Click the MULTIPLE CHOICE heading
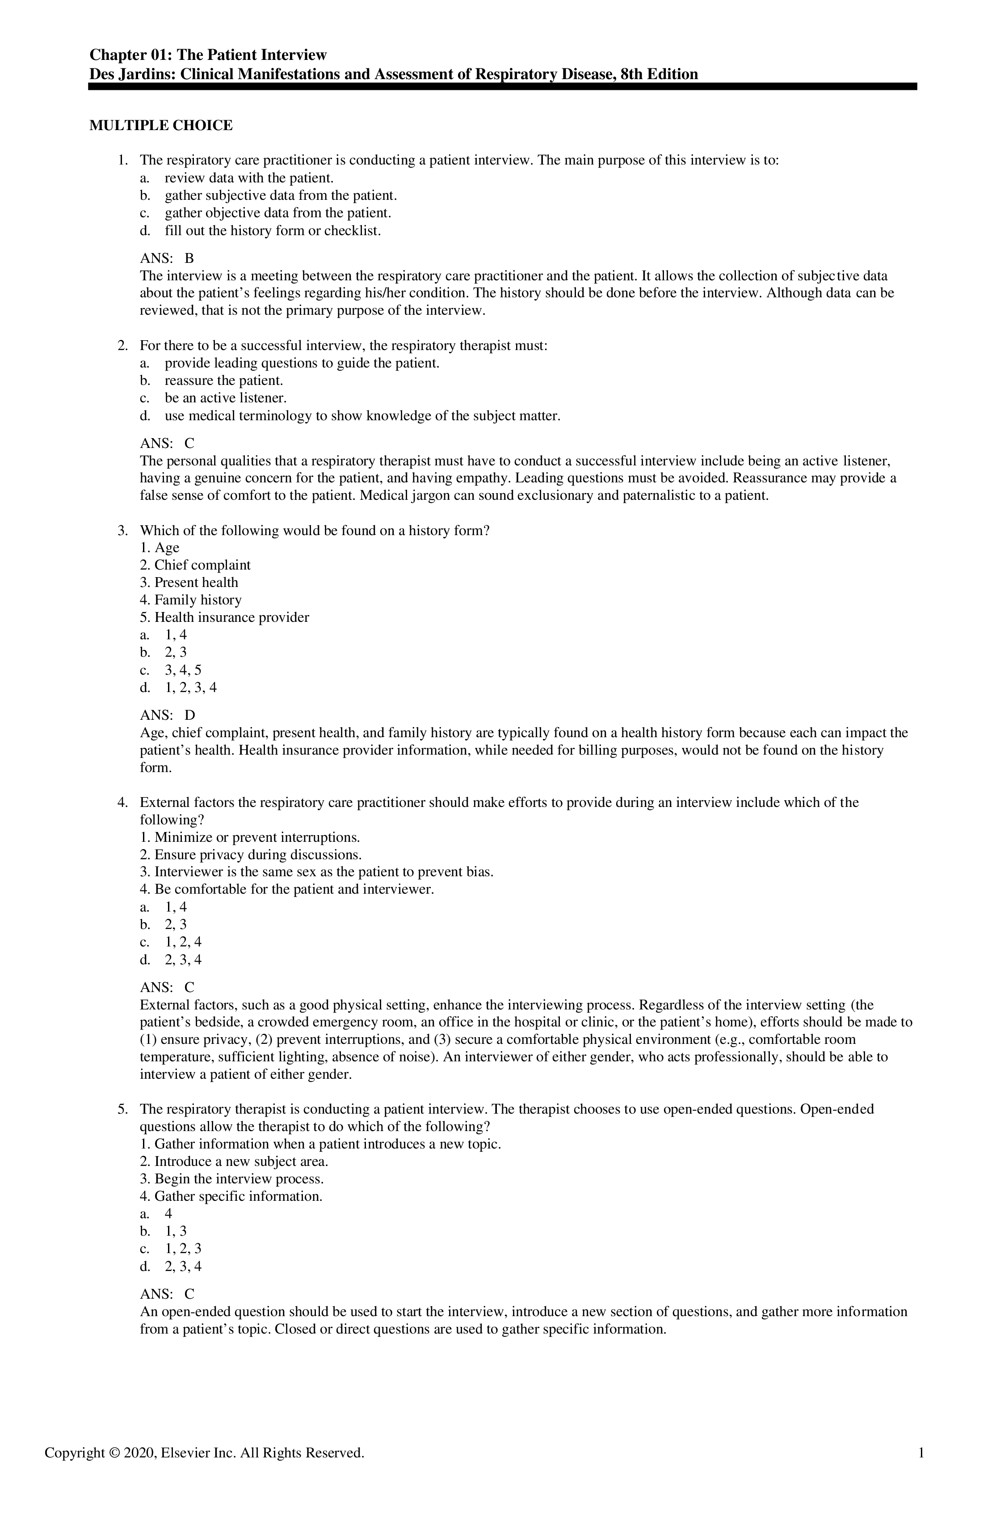(x=161, y=126)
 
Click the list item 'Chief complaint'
(x=202, y=565)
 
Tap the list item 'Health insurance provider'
(x=232, y=617)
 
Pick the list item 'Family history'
(x=198, y=600)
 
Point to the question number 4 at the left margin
(x=122, y=803)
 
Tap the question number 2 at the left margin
(x=122, y=346)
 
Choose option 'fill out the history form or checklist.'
(x=273, y=231)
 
